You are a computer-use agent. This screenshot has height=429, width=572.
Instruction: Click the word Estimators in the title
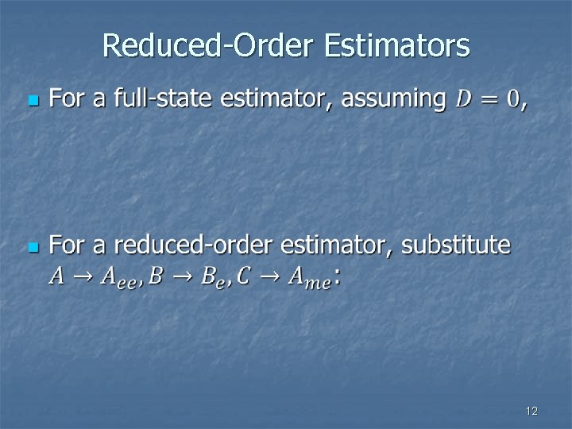[397, 45]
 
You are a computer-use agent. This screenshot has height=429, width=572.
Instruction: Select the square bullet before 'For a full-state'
[32, 101]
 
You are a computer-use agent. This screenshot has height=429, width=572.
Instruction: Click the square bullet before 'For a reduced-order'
[32, 248]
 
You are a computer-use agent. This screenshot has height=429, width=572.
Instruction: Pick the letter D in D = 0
[464, 99]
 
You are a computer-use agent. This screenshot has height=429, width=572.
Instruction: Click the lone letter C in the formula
[243, 276]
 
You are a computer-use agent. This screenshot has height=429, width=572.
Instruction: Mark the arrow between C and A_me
[269, 276]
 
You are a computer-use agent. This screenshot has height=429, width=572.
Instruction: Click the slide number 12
[531, 411]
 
